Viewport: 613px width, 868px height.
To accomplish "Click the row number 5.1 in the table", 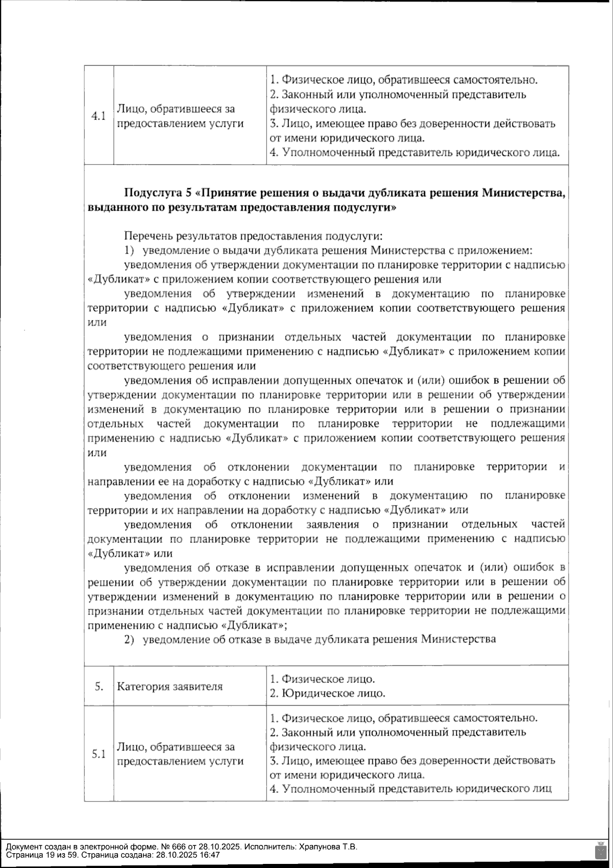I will tap(98, 754).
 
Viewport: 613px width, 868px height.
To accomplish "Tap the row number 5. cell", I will tap(99, 687).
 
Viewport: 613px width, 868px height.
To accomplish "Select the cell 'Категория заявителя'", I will tap(170, 687).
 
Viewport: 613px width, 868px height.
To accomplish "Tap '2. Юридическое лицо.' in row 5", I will tap(327, 694).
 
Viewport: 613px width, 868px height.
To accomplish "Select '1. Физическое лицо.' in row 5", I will tap(322, 679).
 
